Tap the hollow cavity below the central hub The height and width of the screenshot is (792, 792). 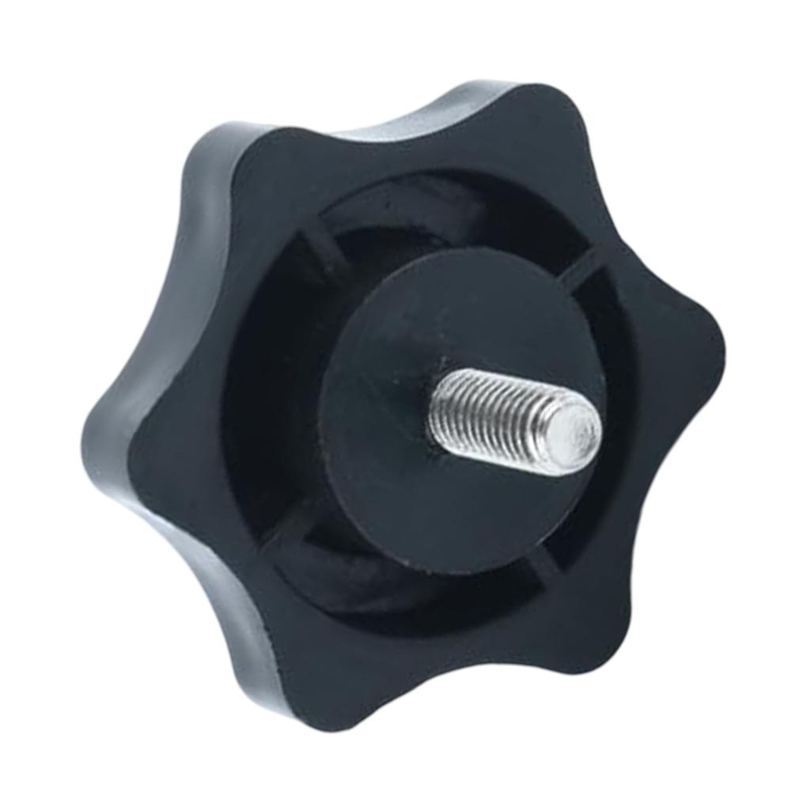coord(396,585)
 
